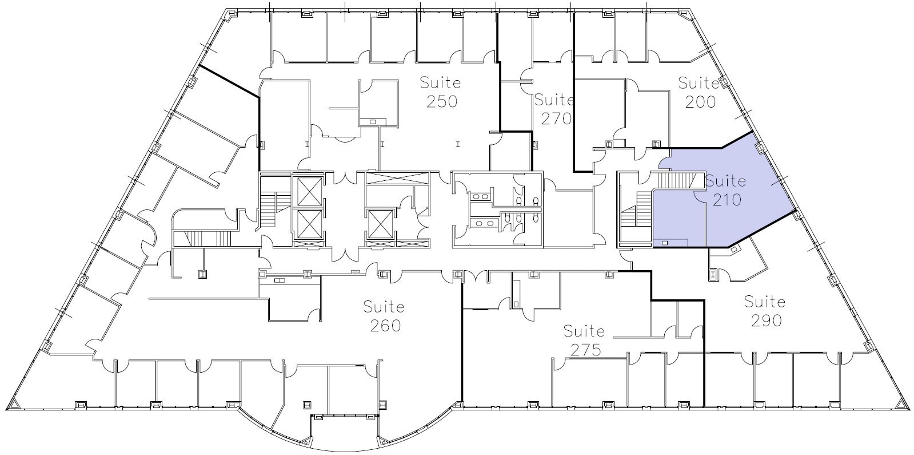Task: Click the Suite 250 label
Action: point(440,92)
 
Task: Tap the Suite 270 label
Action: point(553,109)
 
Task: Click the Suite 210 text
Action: point(725,191)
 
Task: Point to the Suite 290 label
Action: point(764,311)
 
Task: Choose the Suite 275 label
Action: point(584,340)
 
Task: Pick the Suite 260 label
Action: point(384,316)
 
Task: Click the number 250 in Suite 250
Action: point(441,102)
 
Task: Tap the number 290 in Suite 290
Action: point(765,321)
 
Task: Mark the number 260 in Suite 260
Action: point(385,326)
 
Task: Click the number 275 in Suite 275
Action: point(585,350)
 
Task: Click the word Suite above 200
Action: point(699,83)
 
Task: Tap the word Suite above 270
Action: point(553,100)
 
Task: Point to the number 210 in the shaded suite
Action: point(727,200)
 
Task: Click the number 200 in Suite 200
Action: point(700,102)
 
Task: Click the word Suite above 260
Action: point(384,307)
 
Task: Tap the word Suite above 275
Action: point(584,331)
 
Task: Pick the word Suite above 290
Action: point(764,301)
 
